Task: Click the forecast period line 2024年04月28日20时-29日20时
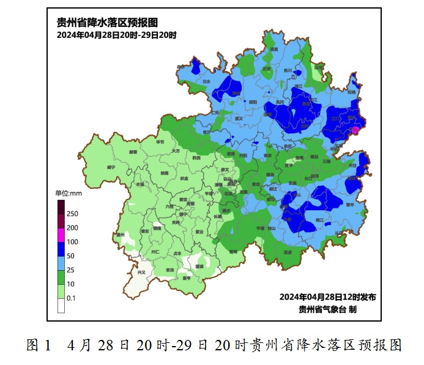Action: pos(116,35)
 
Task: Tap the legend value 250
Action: pos(72,214)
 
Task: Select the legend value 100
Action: pos(72,241)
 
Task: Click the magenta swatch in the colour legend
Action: pos(61,234)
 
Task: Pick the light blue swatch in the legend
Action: pos(61,262)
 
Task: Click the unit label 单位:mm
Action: pos(69,193)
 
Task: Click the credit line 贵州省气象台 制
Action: pos(327,309)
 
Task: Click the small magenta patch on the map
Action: pos(354,130)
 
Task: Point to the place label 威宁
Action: pos(111,166)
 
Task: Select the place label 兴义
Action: pos(142,272)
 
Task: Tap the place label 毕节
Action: pos(160,142)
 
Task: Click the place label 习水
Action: pos(206,81)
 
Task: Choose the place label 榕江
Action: pos(320,218)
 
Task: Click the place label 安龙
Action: pos(169,270)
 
